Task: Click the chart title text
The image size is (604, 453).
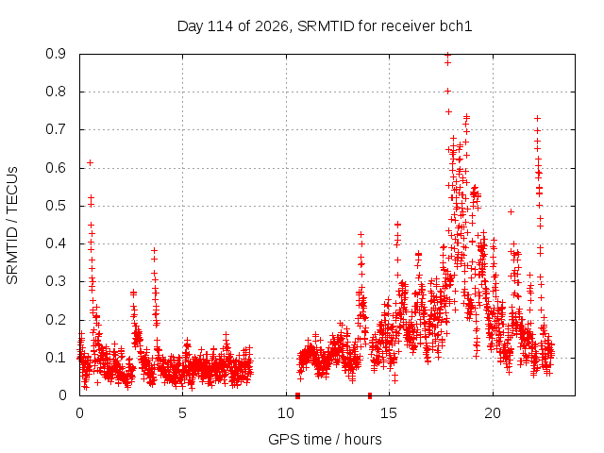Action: (325, 26)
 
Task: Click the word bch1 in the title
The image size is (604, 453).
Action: (456, 26)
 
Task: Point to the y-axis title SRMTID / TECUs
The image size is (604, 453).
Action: (12, 226)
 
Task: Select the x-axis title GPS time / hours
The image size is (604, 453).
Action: (325, 439)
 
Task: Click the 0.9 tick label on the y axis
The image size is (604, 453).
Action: (56, 54)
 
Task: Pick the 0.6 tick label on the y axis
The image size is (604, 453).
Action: (56, 168)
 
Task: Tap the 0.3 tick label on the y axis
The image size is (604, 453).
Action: (56, 281)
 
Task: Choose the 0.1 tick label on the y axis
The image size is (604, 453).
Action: (56, 358)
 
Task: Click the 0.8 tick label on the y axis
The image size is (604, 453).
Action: (56, 92)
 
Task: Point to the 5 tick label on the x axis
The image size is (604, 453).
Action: (182, 413)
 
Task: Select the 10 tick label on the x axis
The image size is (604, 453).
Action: (286, 413)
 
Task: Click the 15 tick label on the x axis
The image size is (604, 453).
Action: (389, 413)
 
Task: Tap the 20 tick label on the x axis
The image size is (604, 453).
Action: (493, 413)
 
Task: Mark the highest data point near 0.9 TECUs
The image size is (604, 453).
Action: (447, 55)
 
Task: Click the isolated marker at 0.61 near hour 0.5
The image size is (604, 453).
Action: (91, 163)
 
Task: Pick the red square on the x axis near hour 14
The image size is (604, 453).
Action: (370, 395)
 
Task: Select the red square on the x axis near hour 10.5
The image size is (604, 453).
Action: (298, 395)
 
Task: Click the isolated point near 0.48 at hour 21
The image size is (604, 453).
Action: (512, 211)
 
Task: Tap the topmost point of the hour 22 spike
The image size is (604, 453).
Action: (537, 119)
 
